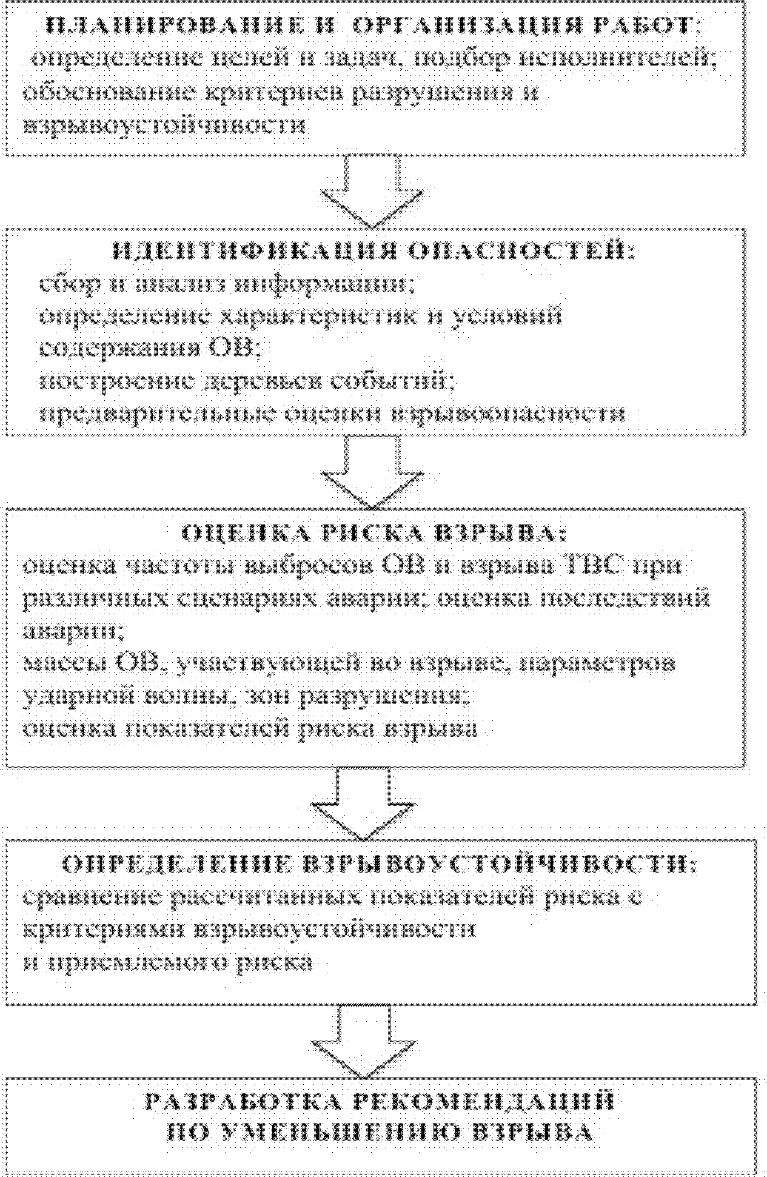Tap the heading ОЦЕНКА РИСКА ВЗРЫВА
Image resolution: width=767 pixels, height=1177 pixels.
(x=375, y=534)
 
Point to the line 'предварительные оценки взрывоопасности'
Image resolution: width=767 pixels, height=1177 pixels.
(x=333, y=414)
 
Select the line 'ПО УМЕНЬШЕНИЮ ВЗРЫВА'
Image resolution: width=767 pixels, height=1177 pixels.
(x=379, y=1132)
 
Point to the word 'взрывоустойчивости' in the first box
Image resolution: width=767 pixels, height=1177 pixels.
(x=164, y=126)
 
